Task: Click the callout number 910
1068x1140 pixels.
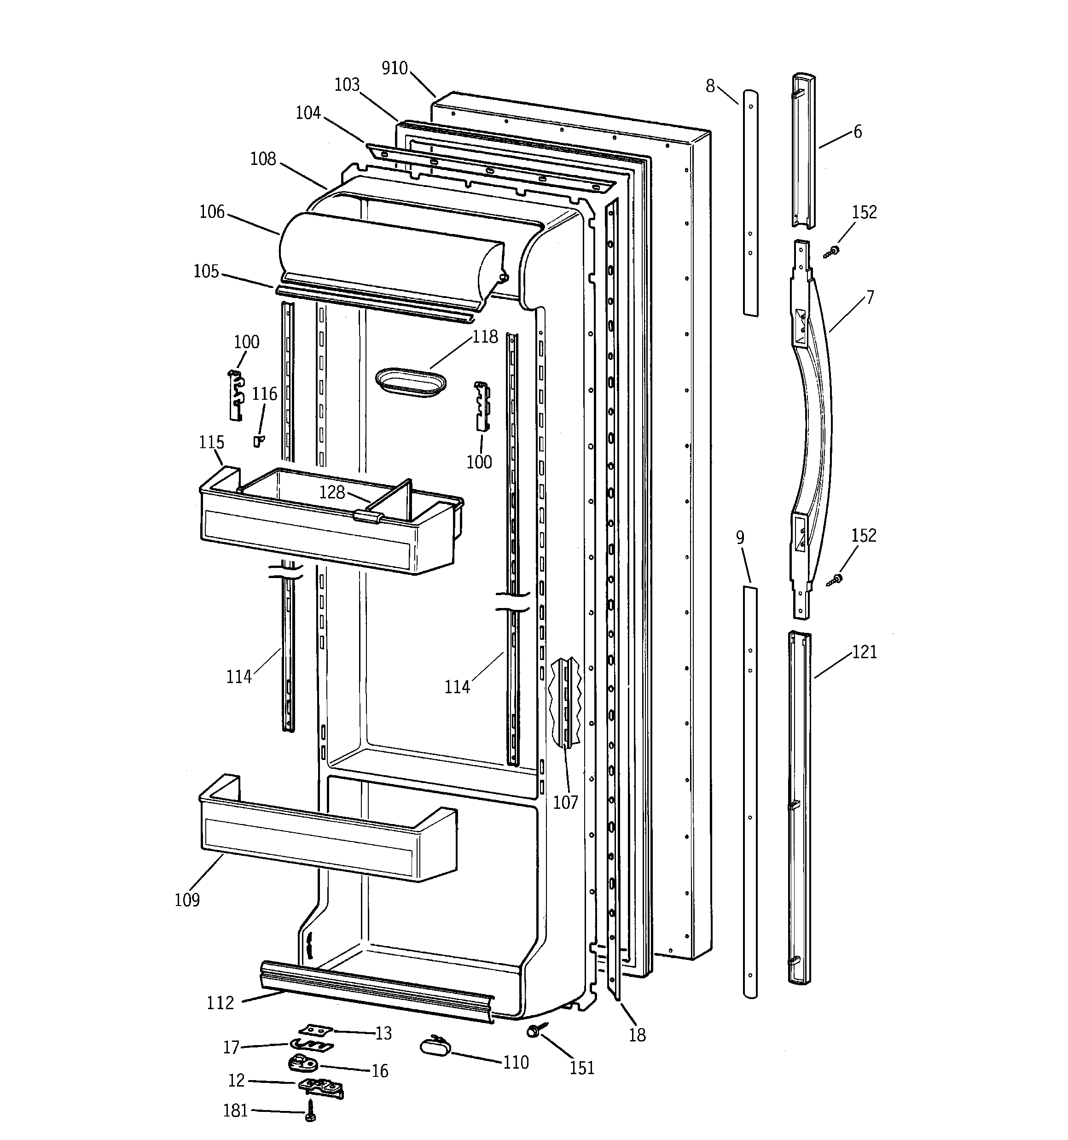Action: (395, 68)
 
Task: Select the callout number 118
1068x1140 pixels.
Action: (485, 337)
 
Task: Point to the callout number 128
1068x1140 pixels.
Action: (332, 492)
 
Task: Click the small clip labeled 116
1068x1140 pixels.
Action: (259, 440)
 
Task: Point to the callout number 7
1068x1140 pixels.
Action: (870, 297)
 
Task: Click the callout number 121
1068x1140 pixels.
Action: (865, 652)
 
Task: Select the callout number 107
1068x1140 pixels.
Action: (565, 802)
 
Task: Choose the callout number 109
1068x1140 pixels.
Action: (187, 900)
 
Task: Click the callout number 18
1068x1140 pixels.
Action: (637, 1035)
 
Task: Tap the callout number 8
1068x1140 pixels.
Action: (710, 86)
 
